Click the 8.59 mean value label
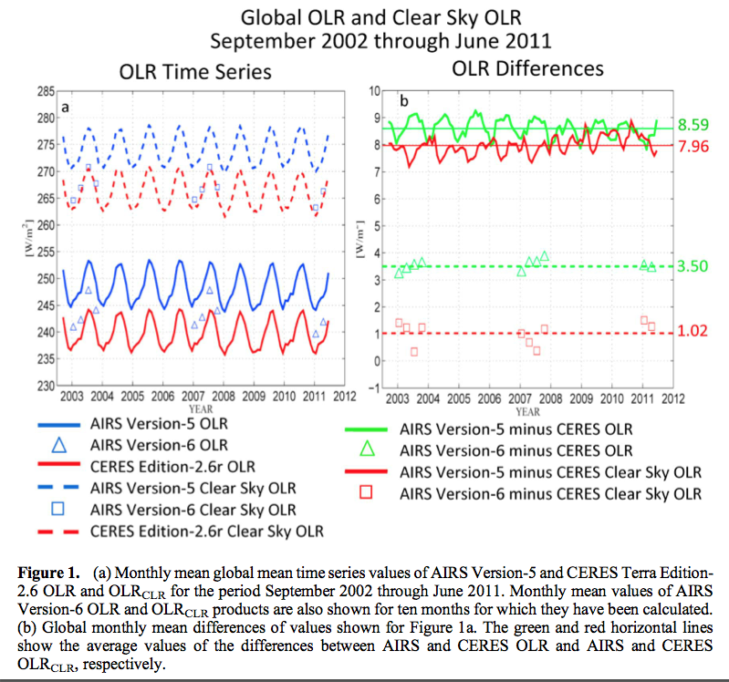tap(693, 125)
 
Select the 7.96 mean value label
tap(693, 145)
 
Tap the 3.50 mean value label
tap(693, 265)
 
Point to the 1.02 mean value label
tap(693, 332)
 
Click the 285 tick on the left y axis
tap(45, 91)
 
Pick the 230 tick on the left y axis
tap(45, 385)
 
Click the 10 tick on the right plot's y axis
tap(375, 91)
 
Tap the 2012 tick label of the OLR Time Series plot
tap(343, 398)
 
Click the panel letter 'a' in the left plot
tap(66, 107)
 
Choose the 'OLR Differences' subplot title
tap(527, 68)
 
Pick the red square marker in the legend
tap(368, 493)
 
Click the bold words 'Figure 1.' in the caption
tap(49, 573)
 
